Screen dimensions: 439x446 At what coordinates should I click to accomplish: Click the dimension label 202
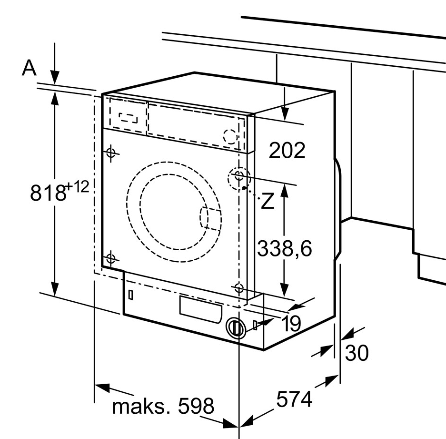coord(287,151)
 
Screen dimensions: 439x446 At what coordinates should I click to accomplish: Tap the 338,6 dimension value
coord(285,248)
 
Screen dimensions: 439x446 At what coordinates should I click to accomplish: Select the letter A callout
coord(30,68)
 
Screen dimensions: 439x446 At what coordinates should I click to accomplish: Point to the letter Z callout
coord(268,202)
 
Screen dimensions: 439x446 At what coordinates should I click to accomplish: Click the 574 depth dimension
coord(294,399)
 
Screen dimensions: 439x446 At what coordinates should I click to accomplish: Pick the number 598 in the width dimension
coord(196,407)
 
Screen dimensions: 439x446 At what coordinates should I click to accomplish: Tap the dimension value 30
coord(356,353)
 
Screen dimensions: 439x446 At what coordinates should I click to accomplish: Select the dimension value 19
coord(291,324)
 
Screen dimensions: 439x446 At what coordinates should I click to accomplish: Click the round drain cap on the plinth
coord(235,328)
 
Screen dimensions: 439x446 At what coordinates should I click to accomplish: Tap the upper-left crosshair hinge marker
coord(111,153)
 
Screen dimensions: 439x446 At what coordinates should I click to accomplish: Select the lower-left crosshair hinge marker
coord(110,259)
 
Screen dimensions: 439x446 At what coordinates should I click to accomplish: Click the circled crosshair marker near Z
coord(239,177)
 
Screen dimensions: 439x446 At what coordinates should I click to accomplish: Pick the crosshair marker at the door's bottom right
coord(239,287)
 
